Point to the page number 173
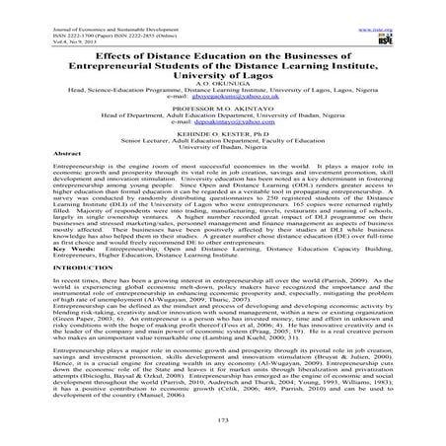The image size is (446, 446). point(222,422)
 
